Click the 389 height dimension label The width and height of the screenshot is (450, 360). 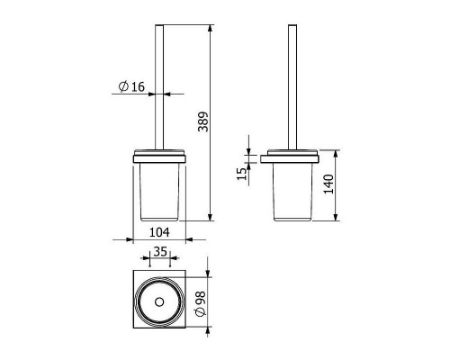(x=203, y=121)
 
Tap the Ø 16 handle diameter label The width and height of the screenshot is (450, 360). (x=131, y=86)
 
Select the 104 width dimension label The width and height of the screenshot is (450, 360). (x=159, y=232)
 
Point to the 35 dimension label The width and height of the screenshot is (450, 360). (x=160, y=251)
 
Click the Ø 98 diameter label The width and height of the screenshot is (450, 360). (x=201, y=303)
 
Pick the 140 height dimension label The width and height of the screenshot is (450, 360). (x=328, y=184)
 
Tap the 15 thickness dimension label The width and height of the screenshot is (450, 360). (x=241, y=174)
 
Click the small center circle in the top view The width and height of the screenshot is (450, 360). (x=159, y=302)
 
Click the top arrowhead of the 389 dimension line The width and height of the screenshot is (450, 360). (x=210, y=28)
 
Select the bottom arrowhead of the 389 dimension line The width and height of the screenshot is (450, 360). (x=210, y=217)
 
